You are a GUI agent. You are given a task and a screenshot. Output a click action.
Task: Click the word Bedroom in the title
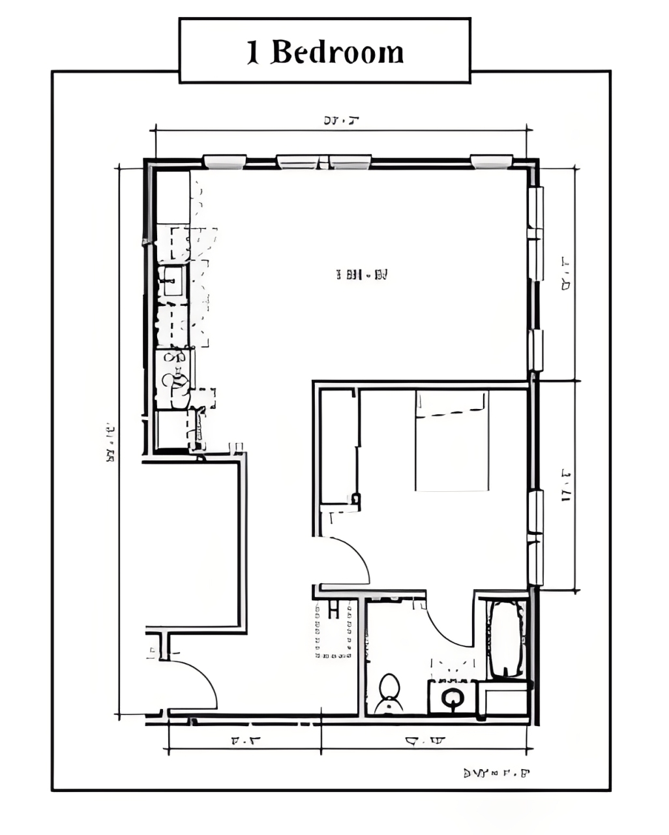click(x=337, y=52)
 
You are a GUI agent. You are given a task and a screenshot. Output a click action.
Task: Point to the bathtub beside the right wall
click(x=507, y=639)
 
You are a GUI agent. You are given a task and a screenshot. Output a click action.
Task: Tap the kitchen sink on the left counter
click(x=172, y=281)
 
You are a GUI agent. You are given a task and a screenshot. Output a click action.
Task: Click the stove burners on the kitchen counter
click(x=175, y=378)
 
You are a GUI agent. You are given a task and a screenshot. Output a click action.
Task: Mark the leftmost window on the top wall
click(x=225, y=161)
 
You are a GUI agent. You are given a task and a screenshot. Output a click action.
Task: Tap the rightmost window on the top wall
click(x=491, y=161)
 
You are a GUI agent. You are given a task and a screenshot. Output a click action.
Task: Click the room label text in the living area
click(x=361, y=275)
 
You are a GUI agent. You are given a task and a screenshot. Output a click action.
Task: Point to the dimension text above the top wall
click(x=342, y=120)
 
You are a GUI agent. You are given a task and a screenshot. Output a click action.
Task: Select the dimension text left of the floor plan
click(x=110, y=444)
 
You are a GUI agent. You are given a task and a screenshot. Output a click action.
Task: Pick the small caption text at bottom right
click(x=496, y=774)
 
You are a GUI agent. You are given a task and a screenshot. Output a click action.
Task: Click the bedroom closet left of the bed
click(x=338, y=447)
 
